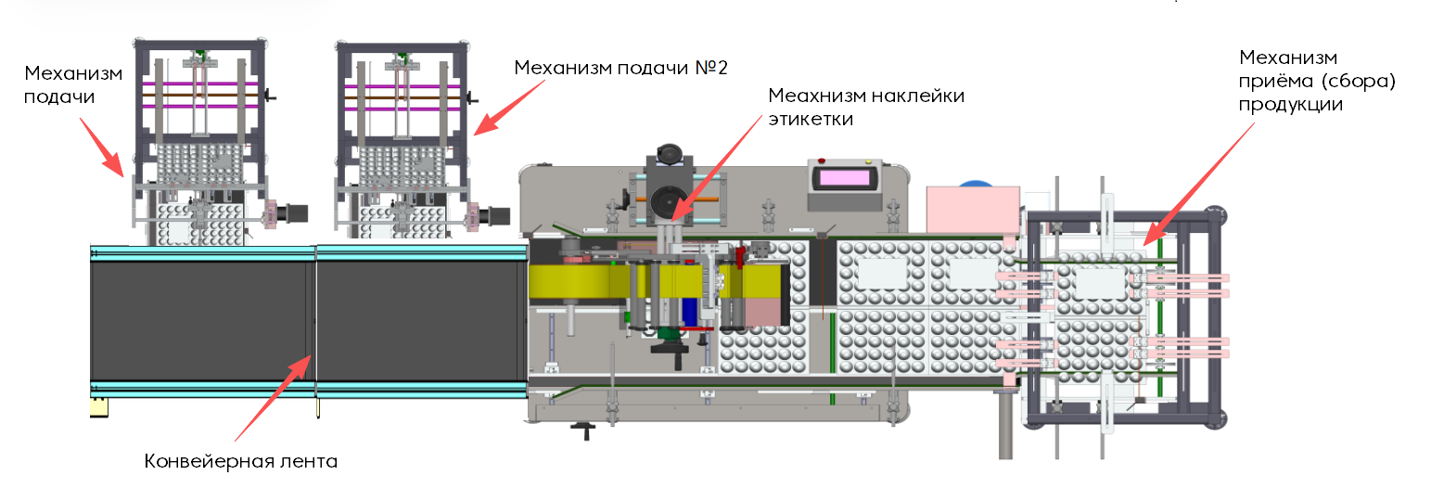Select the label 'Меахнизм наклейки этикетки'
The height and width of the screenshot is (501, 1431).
tap(866, 107)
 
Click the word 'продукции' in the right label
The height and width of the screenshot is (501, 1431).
tap(1291, 105)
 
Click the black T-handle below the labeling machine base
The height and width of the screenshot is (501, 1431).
tap(585, 429)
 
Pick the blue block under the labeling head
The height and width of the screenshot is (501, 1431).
tap(689, 312)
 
